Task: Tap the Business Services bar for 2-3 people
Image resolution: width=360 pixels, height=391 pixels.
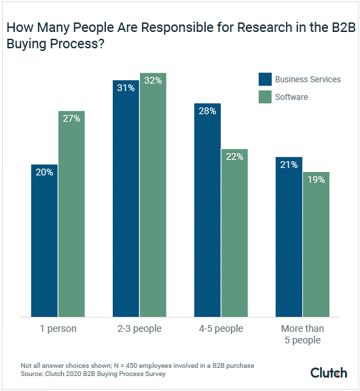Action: (x=126, y=198)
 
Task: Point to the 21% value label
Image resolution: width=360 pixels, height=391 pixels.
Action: (x=289, y=165)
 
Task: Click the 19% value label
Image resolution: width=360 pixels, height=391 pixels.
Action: (x=316, y=180)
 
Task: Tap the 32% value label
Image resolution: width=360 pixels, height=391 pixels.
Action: (x=153, y=80)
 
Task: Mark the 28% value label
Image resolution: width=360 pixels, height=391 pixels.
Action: (x=207, y=111)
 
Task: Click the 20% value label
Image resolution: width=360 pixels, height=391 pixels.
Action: (x=44, y=172)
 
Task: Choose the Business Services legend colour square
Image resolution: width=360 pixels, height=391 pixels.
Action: (x=265, y=79)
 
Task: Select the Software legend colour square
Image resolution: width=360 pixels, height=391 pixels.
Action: (x=265, y=97)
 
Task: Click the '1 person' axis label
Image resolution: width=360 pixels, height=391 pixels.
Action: (x=58, y=329)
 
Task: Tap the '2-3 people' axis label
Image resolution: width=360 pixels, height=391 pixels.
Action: (x=139, y=329)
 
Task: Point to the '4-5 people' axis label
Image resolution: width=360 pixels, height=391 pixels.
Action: (x=221, y=329)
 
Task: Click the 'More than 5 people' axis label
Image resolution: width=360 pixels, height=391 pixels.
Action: (x=302, y=335)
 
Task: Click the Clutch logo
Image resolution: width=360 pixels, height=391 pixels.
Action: (x=329, y=373)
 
